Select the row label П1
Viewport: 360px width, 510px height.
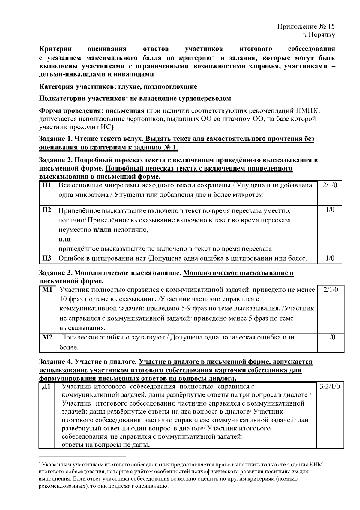(46, 185)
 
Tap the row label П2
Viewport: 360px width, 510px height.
(46, 210)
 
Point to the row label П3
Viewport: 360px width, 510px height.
(46, 258)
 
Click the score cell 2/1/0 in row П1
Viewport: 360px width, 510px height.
(330, 185)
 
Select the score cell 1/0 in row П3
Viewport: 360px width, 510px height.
(330, 258)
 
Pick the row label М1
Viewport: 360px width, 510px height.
(47, 290)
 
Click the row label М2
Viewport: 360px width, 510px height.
(47, 337)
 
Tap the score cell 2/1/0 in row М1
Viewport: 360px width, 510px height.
(331, 290)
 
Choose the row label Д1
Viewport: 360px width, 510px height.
(47, 387)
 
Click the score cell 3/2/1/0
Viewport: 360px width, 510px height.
(330, 387)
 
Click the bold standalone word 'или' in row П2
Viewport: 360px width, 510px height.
(64, 239)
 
